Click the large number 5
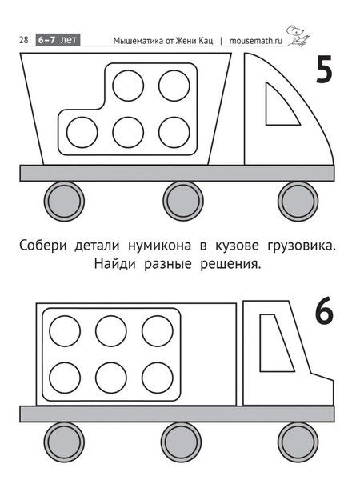[323, 71]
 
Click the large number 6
[323, 312]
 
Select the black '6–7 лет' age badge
[58, 39]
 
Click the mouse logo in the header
[297, 35]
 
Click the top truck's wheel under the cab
[297, 200]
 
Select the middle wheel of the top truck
[182, 200]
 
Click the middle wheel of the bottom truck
[181, 442]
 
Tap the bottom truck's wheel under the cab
[296, 442]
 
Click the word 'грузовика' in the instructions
[300, 245]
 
